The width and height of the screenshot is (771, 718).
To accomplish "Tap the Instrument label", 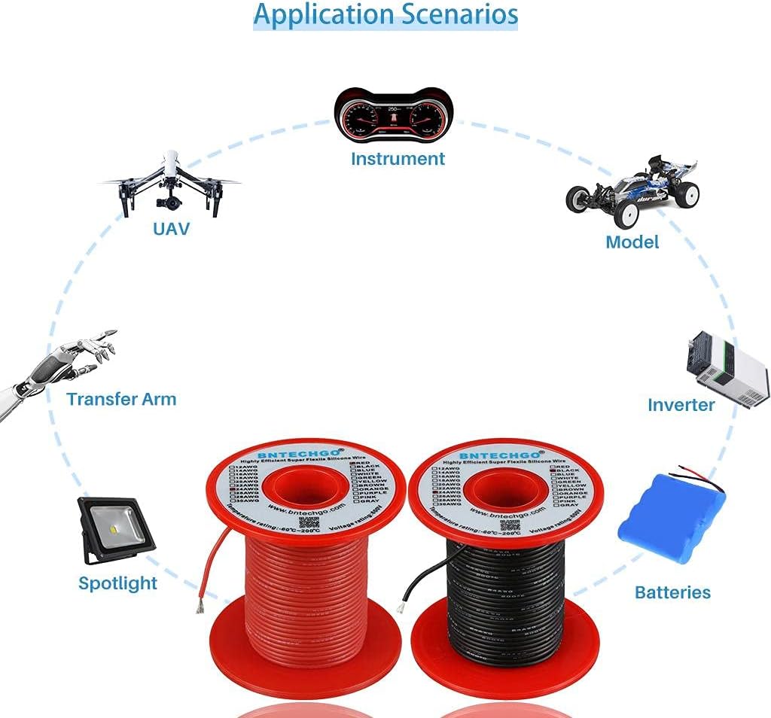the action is click(x=398, y=159).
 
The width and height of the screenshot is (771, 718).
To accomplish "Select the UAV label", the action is click(x=171, y=228).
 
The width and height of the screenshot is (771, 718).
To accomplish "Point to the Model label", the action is click(x=632, y=242).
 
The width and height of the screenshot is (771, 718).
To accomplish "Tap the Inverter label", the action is click(x=681, y=405).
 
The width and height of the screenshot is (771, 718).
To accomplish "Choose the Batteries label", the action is click(x=672, y=592).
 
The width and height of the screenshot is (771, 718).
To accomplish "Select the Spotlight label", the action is click(x=117, y=583).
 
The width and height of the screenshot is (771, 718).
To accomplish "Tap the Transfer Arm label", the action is click(x=121, y=399).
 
